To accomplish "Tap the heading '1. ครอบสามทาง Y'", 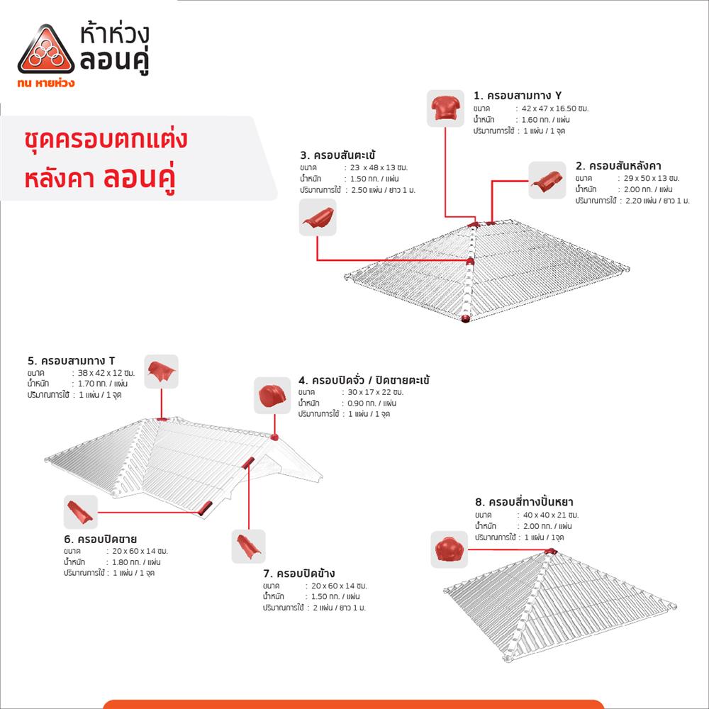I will [518, 96].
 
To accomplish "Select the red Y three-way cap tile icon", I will [445, 108].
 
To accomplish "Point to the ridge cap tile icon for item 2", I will [547, 180].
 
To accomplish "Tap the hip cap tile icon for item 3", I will [317, 217].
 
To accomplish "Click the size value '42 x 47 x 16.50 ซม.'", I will [555, 108].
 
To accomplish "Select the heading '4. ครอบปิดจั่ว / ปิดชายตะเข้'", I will [364, 380].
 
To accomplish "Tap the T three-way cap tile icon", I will [161, 372].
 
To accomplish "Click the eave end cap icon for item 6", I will [80, 512].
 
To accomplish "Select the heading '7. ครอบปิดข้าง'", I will [298, 573].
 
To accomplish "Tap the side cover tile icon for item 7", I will [248, 547].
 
